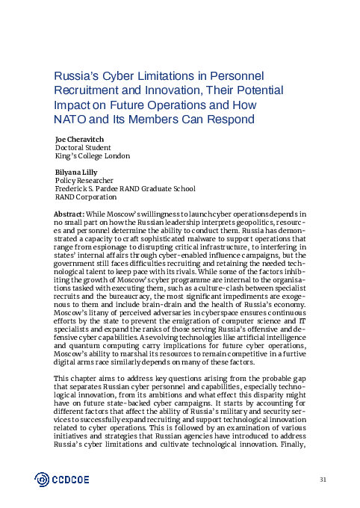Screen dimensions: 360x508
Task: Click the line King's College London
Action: (93, 156)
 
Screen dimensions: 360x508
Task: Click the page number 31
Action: (323, 478)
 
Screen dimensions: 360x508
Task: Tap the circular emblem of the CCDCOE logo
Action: (44, 479)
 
